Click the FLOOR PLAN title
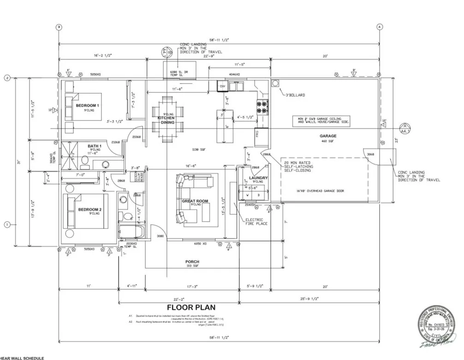tap(191, 307)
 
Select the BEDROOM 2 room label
tap(89, 210)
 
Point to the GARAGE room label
tap(328, 136)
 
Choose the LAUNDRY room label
tap(258, 178)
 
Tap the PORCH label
tap(192, 262)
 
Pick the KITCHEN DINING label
tap(166, 120)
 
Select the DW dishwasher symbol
tap(222, 86)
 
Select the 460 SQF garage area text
tap(328, 141)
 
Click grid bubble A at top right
tap(379, 27)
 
